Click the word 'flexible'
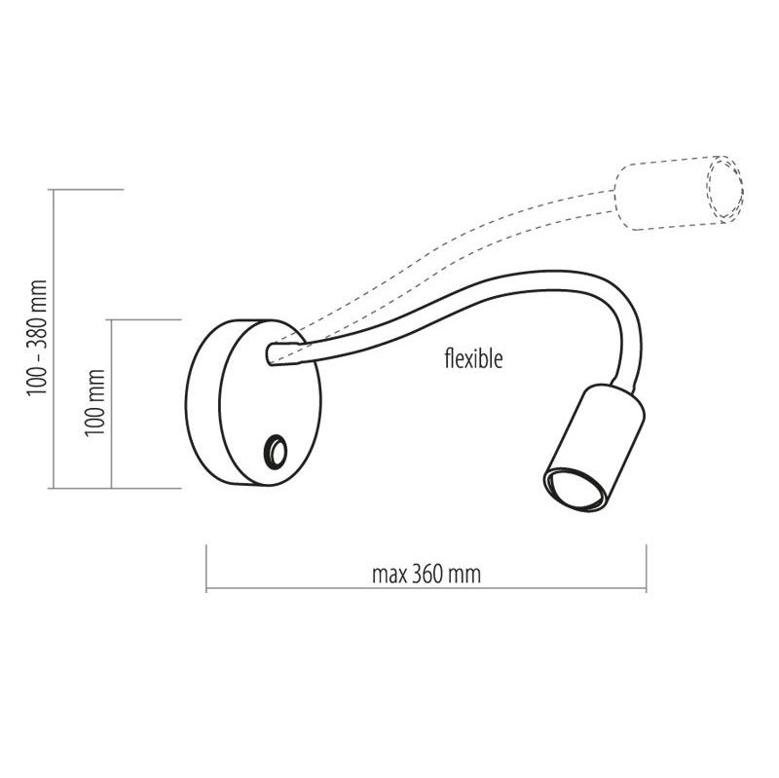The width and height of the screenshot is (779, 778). pos(473,359)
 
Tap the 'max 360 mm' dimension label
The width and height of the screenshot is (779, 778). pos(427,574)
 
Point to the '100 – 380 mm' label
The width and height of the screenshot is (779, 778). pos(37,337)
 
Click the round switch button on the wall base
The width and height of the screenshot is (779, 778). pos(275,451)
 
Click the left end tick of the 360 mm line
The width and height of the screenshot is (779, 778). pos(206,571)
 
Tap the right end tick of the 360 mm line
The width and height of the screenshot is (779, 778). pos(646,571)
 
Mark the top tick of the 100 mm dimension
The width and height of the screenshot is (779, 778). pos(146,319)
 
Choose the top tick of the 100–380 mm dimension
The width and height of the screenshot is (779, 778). pos(88,188)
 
